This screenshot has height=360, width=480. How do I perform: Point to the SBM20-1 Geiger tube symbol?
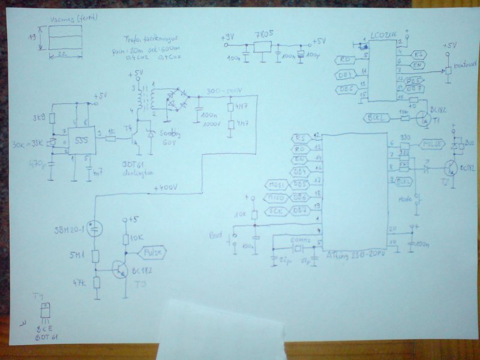(94, 229)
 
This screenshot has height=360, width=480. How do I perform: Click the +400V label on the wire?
(165, 189)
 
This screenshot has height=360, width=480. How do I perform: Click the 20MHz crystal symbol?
(295, 247)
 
